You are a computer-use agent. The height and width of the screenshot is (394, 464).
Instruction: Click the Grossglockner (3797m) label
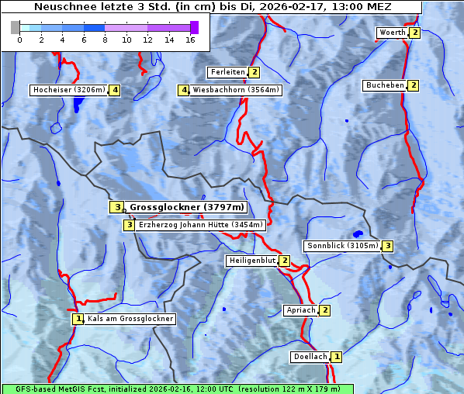(187, 208)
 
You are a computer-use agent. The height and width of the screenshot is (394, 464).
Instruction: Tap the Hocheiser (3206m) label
(68, 90)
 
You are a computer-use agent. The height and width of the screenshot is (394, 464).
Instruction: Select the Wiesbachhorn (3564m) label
(236, 90)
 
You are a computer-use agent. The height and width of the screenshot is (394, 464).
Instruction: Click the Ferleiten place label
(227, 72)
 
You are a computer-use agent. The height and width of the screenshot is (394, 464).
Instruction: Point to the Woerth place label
(392, 33)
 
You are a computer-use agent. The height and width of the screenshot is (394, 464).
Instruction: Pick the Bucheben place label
(385, 85)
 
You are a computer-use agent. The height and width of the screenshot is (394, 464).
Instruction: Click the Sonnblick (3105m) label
(342, 246)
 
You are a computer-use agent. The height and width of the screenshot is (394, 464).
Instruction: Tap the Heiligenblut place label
(251, 261)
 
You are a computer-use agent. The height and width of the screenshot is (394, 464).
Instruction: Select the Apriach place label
(300, 311)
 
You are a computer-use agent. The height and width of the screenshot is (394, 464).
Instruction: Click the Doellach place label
(310, 357)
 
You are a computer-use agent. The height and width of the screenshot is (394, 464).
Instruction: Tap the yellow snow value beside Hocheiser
(115, 90)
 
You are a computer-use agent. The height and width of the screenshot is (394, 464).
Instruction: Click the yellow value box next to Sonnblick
(388, 246)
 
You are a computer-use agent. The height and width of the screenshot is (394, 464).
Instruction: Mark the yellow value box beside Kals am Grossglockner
(78, 319)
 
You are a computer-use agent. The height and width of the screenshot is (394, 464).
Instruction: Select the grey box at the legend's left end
(16, 27)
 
